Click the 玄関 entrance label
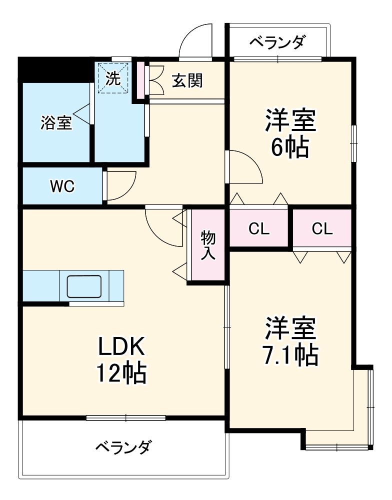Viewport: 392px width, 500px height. [x=187, y=80]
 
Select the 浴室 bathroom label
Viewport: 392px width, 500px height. [x=56, y=122]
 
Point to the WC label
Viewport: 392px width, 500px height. [x=62, y=186]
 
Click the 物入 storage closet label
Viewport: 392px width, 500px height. [x=208, y=244]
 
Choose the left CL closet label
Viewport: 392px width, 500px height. [x=259, y=229]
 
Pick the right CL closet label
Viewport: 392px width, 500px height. [x=322, y=229]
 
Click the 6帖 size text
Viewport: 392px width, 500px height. [x=290, y=147]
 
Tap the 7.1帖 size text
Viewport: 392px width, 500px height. [x=290, y=355]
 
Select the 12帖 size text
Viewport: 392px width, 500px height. [x=121, y=372]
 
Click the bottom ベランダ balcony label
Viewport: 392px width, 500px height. [x=123, y=446]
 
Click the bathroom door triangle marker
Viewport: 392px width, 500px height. [x=83, y=114]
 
